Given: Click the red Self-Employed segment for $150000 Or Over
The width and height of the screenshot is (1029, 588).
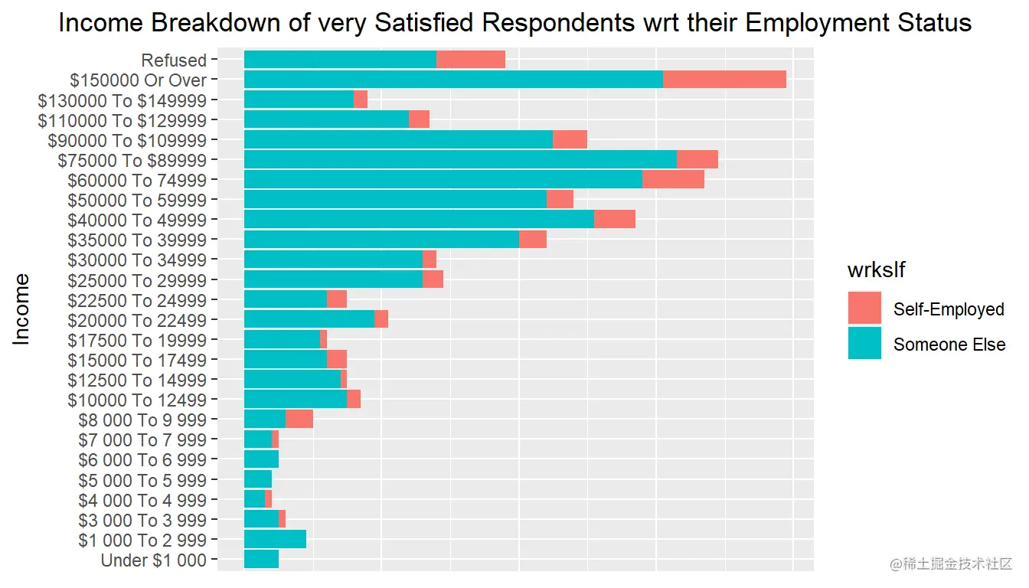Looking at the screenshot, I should (724, 80).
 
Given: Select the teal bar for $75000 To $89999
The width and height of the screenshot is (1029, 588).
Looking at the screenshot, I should (460, 160).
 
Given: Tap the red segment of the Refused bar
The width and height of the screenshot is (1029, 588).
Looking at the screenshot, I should (471, 60).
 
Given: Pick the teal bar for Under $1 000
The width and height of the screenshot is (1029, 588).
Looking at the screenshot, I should (261, 560).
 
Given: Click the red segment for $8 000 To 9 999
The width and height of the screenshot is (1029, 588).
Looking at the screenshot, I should (299, 420).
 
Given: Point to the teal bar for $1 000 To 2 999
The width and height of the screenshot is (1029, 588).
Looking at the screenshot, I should (275, 540).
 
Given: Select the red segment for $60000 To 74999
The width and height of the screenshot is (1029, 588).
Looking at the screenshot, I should (673, 180).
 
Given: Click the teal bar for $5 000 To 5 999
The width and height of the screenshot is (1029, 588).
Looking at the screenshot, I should (258, 480).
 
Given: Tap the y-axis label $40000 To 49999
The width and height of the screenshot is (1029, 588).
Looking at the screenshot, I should (137, 220).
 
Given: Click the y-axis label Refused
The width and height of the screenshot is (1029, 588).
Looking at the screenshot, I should (174, 60).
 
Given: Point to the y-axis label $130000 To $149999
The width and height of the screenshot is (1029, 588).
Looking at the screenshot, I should (122, 100).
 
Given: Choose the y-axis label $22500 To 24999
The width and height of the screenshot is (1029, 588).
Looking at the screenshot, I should (137, 300).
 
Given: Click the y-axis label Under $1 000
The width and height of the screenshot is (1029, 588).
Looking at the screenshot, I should (154, 560).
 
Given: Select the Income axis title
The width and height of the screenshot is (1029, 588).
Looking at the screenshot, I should (22, 309).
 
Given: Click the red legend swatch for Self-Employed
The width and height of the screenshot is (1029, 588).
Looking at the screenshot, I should (864, 309).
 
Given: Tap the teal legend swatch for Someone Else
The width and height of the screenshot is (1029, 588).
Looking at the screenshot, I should (864, 344).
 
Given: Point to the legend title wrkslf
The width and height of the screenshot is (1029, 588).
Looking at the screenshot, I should (877, 270).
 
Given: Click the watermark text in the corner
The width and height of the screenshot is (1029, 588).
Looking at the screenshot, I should (950, 565).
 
